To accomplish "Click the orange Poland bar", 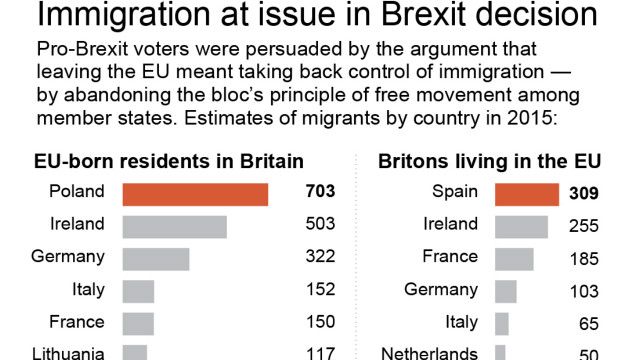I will [195, 194].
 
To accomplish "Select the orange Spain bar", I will [527, 194].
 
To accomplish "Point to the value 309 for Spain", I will [584, 194].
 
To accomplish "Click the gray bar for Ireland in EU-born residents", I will [174, 226].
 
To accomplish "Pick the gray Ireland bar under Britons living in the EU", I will [521, 226].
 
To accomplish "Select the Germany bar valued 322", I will [156, 258].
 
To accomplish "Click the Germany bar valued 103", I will [505, 291].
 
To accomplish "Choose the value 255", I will [584, 226].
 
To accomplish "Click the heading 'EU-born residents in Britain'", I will [169, 162].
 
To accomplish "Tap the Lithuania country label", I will [68, 352].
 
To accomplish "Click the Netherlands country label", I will [430, 352].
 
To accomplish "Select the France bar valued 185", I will [514, 258].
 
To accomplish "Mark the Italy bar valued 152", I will [138, 291].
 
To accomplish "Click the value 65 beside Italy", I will [588, 323].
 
